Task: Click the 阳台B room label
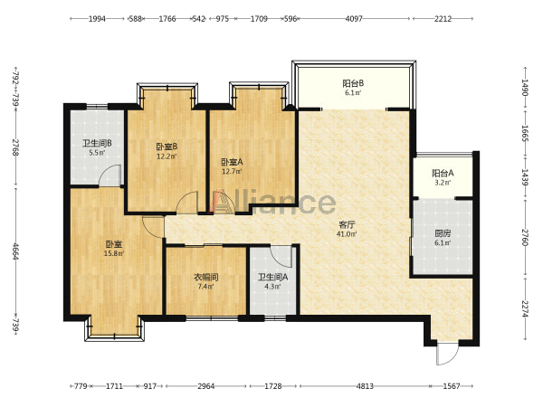click(353, 83)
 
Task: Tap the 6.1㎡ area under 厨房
click(443, 243)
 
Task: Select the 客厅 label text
click(347, 225)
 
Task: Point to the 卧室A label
click(232, 162)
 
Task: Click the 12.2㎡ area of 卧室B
click(167, 156)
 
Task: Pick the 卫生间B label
click(97, 143)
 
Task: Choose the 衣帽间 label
click(205, 278)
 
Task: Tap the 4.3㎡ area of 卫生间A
click(272, 287)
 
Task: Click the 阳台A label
click(443, 173)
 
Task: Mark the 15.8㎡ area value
click(114, 253)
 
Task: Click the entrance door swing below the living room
click(447, 354)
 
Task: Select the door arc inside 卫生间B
click(110, 175)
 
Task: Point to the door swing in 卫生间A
click(281, 257)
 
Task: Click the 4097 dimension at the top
click(354, 19)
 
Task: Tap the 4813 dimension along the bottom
click(365, 386)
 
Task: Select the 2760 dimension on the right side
click(525, 237)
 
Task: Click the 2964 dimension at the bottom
click(206, 386)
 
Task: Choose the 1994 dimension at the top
click(97, 19)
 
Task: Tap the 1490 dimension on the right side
click(525, 88)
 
